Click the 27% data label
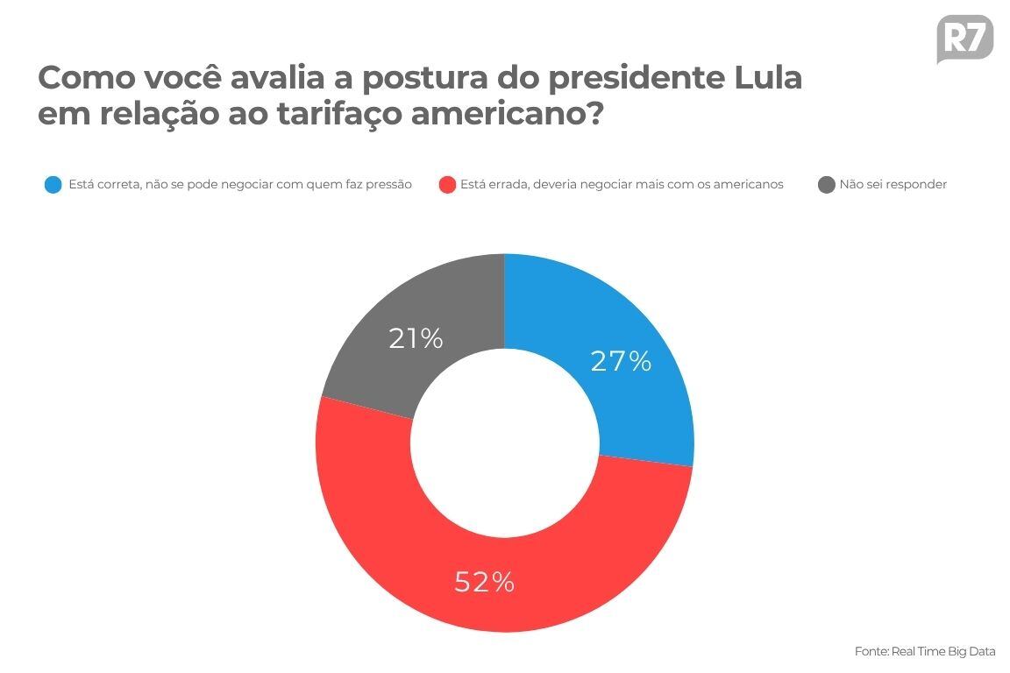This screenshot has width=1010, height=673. coord(621,361)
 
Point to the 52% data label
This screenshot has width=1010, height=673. coord(484,582)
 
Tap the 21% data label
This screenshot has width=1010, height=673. coord(416,338)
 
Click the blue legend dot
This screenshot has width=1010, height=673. coord(53,185)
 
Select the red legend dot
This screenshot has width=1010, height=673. coord(447,185)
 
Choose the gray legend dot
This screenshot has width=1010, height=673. coord(826,185)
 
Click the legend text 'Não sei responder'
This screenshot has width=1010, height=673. coord(893,185)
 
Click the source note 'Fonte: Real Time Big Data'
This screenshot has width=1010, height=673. coord(925,651)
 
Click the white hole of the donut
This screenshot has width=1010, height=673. coord(504,443)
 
